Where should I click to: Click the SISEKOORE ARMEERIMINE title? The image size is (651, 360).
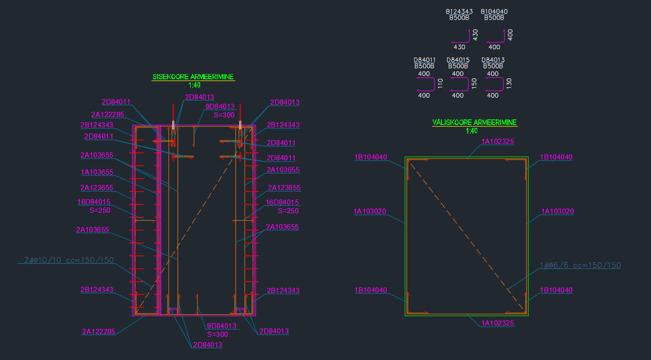point(193,77)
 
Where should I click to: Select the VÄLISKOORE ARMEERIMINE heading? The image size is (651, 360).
point(474,123)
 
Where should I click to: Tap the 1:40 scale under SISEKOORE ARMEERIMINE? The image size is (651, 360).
point(194,85)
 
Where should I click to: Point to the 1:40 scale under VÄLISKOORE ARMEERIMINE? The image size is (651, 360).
point(472,131)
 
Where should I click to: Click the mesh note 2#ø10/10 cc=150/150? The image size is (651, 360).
point(69,260)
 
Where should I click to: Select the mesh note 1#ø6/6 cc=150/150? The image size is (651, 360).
point(580,266)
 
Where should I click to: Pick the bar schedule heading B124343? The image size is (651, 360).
point(459,11)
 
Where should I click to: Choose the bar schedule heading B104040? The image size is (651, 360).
point(494,11)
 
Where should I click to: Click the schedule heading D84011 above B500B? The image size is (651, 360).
point(424,60)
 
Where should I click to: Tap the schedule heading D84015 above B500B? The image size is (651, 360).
point(458,60)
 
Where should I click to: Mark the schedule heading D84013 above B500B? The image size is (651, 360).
point(493,60)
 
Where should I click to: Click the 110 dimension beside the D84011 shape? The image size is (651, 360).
point(440,84)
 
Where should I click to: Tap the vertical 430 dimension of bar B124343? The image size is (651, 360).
point(475,34)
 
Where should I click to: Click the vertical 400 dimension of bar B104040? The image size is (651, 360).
point(510,34)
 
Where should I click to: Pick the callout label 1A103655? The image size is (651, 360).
point(97,172)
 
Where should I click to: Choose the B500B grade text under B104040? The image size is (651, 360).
point(494,18)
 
